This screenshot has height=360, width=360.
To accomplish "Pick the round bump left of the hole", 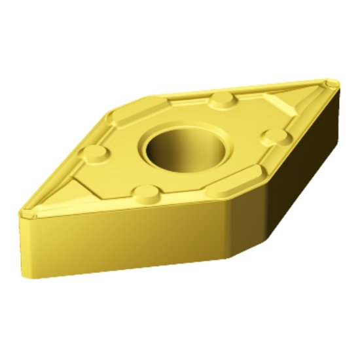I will point(96,153).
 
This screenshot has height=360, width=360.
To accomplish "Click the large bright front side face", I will point(124,239).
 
